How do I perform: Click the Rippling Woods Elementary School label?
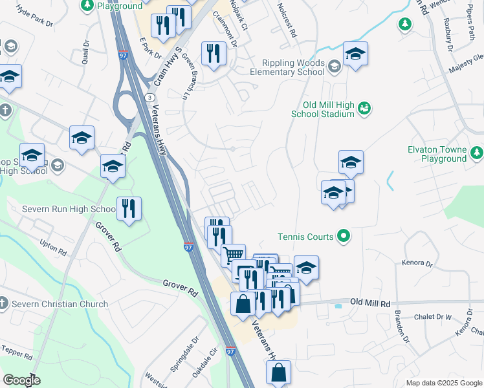293,67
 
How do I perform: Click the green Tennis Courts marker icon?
344,237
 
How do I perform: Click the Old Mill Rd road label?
371,302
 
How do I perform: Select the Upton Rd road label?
53,247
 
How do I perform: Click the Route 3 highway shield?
149,96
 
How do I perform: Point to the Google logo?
21,380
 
